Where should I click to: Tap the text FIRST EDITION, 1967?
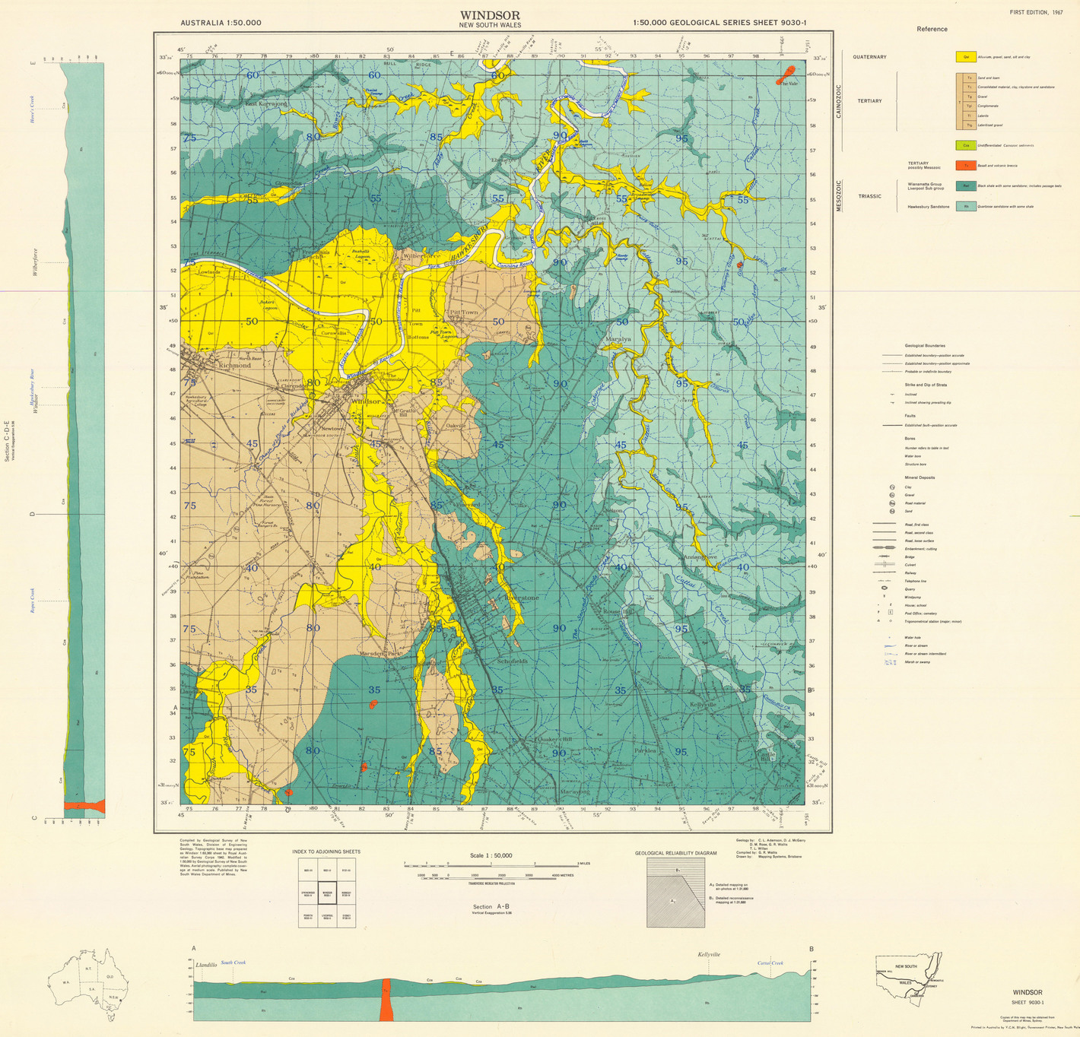click(1036, 13)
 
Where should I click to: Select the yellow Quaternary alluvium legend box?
click(965, 57)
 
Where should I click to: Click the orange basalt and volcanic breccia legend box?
click(965, 165)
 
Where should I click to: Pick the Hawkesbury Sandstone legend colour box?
click(965, 206)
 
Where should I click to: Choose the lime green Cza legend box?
click(965, 145)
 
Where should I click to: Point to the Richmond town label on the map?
click(234, 366)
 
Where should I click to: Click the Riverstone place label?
click(522, 598)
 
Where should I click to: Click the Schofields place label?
click(513, 661)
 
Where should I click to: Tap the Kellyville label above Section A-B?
click(709, 954)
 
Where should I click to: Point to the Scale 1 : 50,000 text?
click(491, 855)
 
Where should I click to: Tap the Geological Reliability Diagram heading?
click(675, 853)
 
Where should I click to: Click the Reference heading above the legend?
click(932, 29)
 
